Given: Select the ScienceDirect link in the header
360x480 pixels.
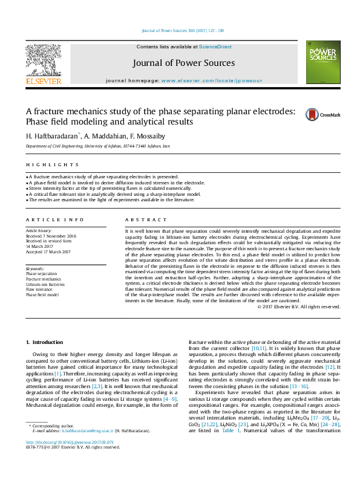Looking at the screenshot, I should (215, 47).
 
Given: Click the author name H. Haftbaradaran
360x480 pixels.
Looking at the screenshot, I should (52, 136).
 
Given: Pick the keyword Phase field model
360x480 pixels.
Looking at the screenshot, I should (42, 295).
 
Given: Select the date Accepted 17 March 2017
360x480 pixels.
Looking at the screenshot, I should (49, 252).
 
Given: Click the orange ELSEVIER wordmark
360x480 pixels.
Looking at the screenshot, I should (43, 81).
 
